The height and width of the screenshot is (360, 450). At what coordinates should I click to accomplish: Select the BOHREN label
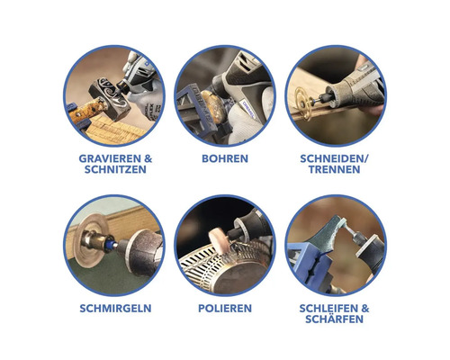click(x=224, y=157)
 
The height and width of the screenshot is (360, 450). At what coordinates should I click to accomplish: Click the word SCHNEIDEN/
click(x=337, y=157)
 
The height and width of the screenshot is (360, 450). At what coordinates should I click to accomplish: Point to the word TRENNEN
click(x=336, y=169)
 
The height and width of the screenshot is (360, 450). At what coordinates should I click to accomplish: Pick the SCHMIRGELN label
click(x=113, y=308)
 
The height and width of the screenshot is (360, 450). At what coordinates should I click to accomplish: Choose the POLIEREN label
click(x=224, y=308)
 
